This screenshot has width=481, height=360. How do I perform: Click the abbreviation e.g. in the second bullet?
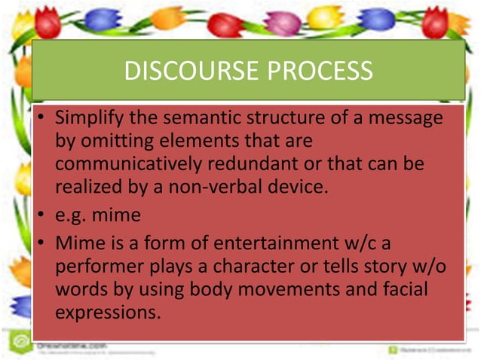(72, 215)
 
